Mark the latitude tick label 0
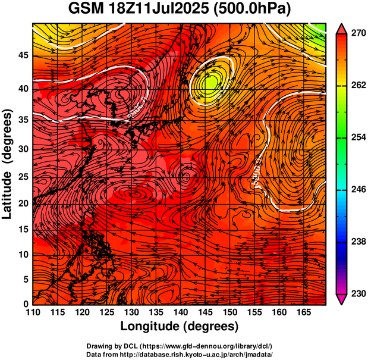pyautogui.click(x=24, y=304)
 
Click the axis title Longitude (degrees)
pyautogui.click(x=180, y=326)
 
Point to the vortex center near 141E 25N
pyautogui.click(x=186, y=176)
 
